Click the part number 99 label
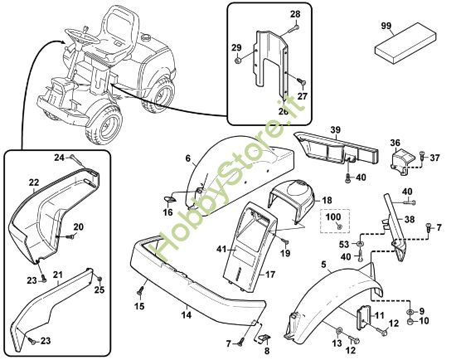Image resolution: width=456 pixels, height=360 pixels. coord(386,26)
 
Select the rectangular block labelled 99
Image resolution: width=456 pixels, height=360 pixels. coord(405,43)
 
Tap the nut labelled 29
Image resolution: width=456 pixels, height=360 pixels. coord(237,61)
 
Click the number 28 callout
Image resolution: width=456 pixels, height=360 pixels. coord(295,14)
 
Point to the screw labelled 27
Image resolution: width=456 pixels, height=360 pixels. coord(301,82)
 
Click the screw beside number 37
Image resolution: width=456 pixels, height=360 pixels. coord(422,156)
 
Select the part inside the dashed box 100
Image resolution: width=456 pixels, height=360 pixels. coord(339,226)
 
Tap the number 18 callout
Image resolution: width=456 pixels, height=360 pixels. coord(327,200)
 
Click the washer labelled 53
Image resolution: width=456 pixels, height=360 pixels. coord(360,243)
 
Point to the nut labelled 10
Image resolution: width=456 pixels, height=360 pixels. coord(410,322)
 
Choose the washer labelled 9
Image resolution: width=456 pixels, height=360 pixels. coord(410,312)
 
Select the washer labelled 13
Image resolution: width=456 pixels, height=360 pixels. coord(339,331)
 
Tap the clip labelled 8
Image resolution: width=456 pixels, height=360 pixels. coord(263,338)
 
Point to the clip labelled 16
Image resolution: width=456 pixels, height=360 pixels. coord(169,199)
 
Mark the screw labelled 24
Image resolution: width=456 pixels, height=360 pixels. coord(76,161)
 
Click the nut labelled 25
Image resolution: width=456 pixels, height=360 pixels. coord(99,280)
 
